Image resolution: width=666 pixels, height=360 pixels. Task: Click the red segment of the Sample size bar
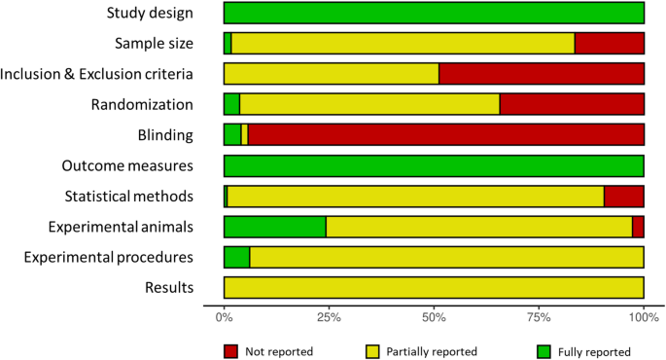(x=610, y=43)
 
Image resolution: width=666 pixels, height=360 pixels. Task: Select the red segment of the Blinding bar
(x=446, y=135)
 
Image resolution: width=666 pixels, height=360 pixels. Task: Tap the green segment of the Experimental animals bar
(x=274, y=227)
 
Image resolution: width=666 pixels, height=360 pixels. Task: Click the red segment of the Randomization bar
(x=572, y=104)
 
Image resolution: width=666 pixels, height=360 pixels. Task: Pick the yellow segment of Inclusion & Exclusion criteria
(x=332, y=74)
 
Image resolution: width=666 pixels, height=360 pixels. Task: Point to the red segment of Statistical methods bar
(x=624, y=197)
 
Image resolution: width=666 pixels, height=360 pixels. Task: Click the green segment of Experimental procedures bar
(x=236, y=257)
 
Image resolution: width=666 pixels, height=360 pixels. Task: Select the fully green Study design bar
(x=434, y=13)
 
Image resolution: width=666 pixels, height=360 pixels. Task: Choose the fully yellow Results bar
(x=434, y=287)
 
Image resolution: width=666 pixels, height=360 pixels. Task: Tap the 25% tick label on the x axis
(x=329, y=317)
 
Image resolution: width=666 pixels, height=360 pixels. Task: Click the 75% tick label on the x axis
(x=539, y=317)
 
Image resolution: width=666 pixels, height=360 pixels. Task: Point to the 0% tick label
(x=224, y=317)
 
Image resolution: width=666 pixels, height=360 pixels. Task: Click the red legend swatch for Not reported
(x=231, y=350)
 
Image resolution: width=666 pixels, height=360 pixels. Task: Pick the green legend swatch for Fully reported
(x=545, y=350)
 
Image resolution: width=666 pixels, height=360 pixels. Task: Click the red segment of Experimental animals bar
(x=639, y=227)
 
